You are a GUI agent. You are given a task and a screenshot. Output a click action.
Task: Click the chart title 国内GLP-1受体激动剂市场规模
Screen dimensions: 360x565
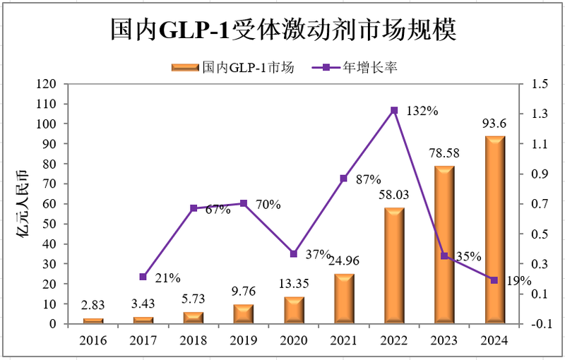(282, 30)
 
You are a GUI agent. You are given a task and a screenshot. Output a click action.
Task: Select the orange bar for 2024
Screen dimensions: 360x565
(494, 230)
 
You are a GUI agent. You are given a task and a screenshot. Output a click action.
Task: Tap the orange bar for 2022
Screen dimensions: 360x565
(394, 266)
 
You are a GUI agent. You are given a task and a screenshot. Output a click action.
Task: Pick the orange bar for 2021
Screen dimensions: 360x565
(344, 299)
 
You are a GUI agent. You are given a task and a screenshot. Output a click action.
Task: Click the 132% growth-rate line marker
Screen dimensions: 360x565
(394, 110)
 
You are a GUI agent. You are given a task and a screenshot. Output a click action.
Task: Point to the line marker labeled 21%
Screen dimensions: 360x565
(143, 277)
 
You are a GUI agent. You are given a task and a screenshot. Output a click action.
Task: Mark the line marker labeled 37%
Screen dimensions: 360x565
(294, 253)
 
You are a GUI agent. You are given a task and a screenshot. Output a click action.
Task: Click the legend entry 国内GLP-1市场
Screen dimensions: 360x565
(233, 68)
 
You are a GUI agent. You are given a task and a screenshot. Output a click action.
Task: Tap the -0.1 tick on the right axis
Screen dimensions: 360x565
(538, 324)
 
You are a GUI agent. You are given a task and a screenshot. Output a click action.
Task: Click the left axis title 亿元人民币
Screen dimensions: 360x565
(23, 205)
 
